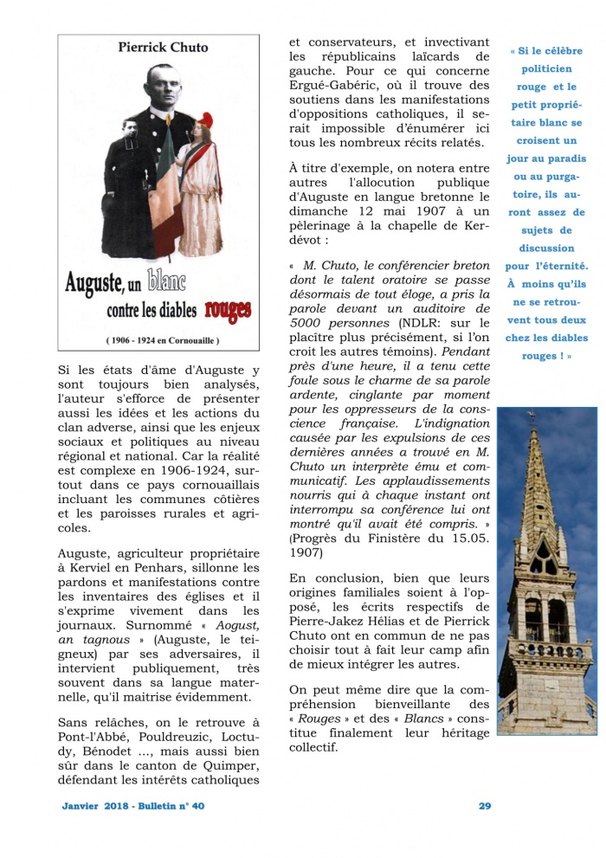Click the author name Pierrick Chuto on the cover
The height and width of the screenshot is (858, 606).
(x=158, y=48)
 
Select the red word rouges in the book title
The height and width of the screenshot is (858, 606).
(x=226, y=308)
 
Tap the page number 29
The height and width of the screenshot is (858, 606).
(x=485, y=806)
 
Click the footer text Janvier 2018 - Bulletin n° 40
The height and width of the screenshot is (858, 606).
(x=133, y=806)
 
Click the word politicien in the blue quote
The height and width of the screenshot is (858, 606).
(x=545, y=69)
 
